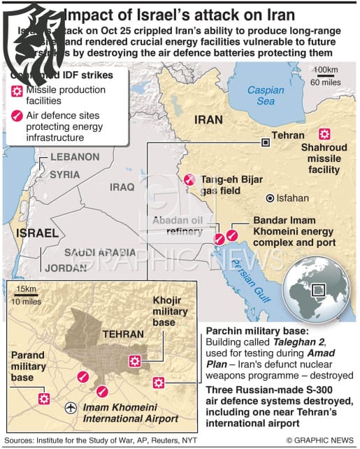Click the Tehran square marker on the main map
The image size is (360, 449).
266,142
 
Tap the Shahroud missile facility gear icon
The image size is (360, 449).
324,134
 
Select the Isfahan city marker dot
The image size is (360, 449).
269,198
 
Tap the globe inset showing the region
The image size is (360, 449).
319,288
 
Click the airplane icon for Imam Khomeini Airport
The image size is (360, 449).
69,407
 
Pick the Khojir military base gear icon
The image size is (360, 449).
134,361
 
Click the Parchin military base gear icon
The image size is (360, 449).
159,382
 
